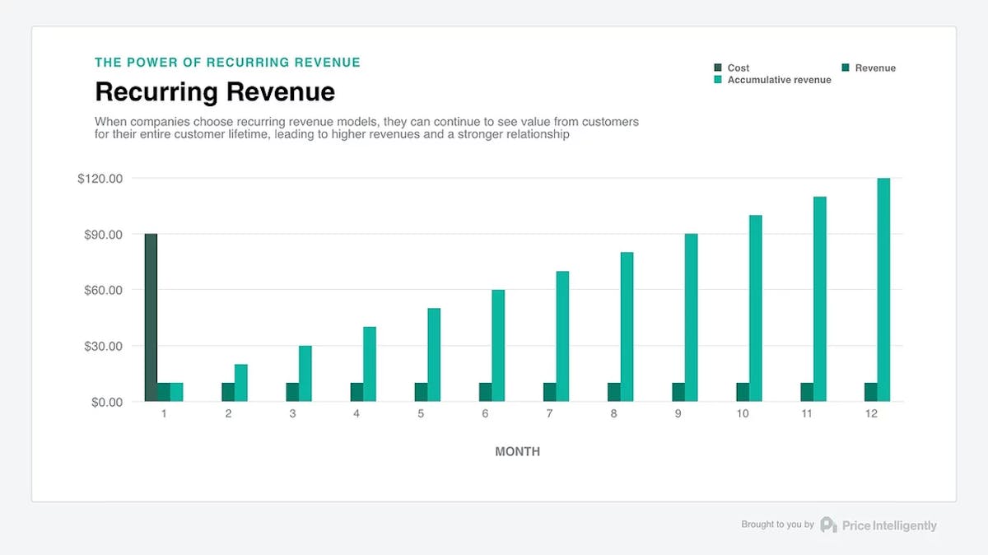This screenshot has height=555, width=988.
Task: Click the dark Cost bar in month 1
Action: click(151, 318)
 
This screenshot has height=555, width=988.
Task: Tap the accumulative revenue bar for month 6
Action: click(498, 346)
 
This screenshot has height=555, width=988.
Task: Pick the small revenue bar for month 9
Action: click(678, 392)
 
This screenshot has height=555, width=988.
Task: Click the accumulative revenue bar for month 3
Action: click(305, 374)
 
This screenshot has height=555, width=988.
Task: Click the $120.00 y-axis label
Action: click(100, 179)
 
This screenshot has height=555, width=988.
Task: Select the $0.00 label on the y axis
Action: click(103, 402)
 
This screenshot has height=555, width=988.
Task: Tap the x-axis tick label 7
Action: click(549, 414)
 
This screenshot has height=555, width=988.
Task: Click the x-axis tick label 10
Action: click(743, 414)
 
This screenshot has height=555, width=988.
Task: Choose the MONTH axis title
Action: click(517, 451)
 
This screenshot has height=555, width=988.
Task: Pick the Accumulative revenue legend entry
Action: click(778, 80)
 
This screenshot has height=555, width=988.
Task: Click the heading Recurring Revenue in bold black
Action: click(215, 91)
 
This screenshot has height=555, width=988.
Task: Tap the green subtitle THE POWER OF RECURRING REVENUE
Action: click(227, 63)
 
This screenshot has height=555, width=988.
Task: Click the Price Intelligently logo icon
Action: click(828, 525)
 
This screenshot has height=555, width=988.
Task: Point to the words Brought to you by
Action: click(777, 525)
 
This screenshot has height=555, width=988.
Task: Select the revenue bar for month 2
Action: click(228, 392)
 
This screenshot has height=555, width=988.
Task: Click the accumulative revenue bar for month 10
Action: click(755, 309)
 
